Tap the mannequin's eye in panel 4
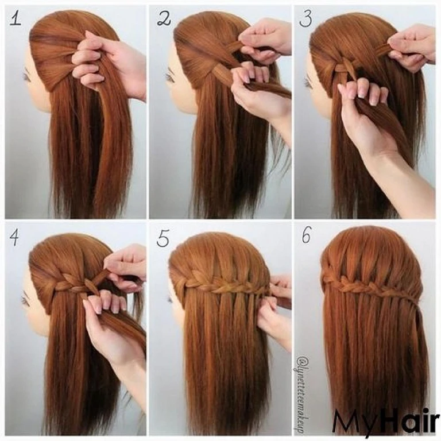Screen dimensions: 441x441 click(25, 300)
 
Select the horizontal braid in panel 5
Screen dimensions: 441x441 click(224, 284)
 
